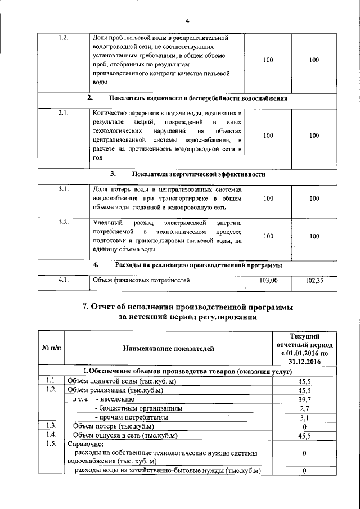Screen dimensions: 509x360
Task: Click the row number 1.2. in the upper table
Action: [64, 38]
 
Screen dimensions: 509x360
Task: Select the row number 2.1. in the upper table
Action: [64, 113]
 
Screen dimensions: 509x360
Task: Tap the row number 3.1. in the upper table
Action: [64, 189]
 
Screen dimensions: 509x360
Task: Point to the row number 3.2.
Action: [64, 223]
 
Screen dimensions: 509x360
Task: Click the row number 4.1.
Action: [64, 280]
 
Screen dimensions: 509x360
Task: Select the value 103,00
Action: [268, 280]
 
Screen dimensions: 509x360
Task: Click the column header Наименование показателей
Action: [169, 349]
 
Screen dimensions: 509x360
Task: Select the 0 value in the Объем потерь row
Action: [304, 426]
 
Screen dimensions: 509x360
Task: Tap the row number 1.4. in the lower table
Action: [51, 435]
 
